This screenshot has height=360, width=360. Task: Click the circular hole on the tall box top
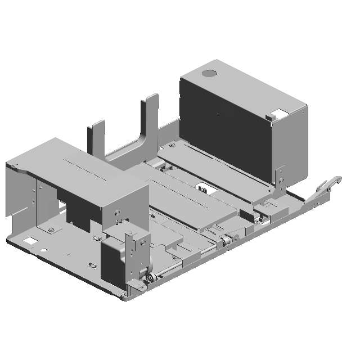click(209, 73)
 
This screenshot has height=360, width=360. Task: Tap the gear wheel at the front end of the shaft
click(149, 278)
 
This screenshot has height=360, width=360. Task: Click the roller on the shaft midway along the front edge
click(223, 241)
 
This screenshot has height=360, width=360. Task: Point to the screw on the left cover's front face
click(116, 212)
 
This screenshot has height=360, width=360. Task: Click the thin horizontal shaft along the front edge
click(186, 262)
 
